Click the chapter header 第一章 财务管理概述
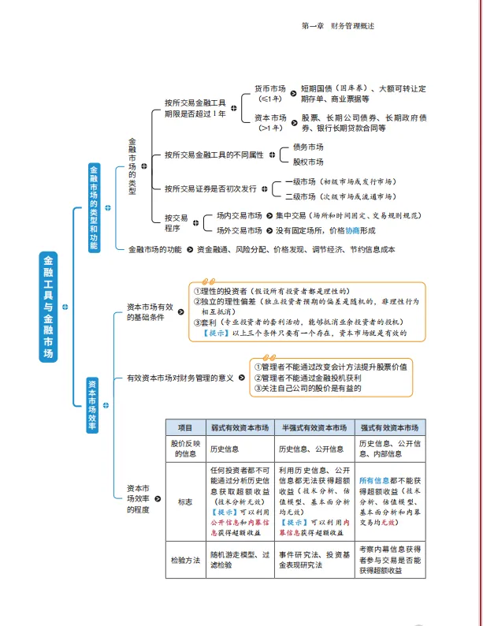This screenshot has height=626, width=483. [338, 26]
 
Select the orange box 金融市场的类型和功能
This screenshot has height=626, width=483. [94, 207]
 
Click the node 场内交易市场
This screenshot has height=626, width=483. [239, 214]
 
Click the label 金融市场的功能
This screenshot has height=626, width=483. [155, 249]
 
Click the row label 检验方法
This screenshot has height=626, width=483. [185, 561]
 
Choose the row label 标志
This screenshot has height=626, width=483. [185, 501]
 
